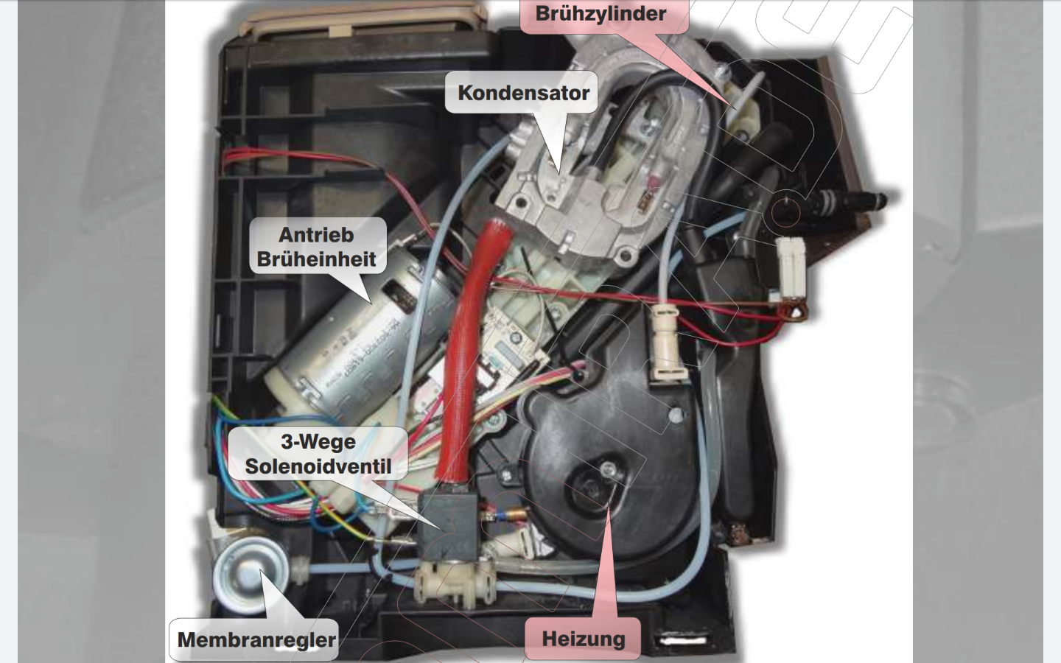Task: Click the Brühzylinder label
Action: coord(601,14)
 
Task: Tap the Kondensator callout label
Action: coord(523,93)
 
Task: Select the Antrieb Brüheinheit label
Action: coord(317,247)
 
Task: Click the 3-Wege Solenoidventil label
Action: coord(318,454)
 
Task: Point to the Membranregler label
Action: coord(256,639)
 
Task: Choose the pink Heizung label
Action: coord(583,639)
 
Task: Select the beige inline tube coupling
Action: coord(667,343)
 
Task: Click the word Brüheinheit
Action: coord(317,259)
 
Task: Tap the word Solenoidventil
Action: coord(318,466)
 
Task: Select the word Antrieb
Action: coord(316,235)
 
